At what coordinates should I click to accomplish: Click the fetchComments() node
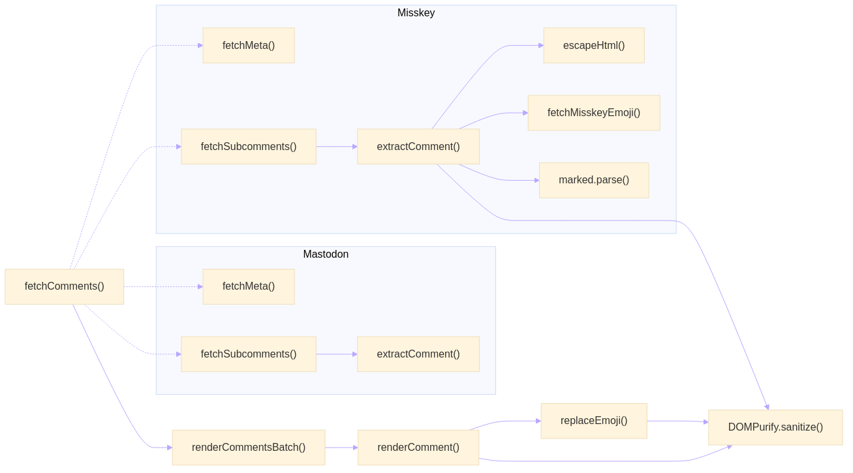click(x=65, y=286)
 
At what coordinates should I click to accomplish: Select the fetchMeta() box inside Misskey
click(x=249, y=46)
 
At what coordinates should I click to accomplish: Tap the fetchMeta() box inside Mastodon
click(x=249, y=286)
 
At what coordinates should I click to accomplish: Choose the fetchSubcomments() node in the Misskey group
click(x=249, y=147)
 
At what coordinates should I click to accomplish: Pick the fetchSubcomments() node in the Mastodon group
click(x=249, y=354)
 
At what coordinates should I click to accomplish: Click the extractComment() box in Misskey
click(x=418, y=147)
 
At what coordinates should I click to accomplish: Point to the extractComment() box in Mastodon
click(x=418, y=354)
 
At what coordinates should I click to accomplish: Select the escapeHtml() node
click(x=594, y=46)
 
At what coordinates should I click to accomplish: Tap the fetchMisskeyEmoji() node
click(x=594, y=113)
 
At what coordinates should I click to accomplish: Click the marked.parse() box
click(x=594, y=180)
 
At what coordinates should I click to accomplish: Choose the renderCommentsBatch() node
click(x=249, y=448)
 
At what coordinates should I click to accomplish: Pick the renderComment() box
click(x=418, y=448)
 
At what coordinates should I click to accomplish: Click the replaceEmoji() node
click(x=594, y=421)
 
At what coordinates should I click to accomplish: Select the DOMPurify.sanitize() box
click(x=775, y=427)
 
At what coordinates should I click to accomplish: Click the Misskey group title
click(x=416, y=13)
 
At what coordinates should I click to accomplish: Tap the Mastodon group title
click(x=326, y=254)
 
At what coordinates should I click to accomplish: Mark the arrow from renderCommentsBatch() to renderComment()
click(x=341, y=448)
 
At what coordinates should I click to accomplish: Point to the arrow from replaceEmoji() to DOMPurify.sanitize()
click(x=677, y=421)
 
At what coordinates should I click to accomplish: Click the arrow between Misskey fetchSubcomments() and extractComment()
click(x=337, y=147)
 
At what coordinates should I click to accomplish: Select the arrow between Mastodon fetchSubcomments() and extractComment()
click(x=337, y=354)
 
